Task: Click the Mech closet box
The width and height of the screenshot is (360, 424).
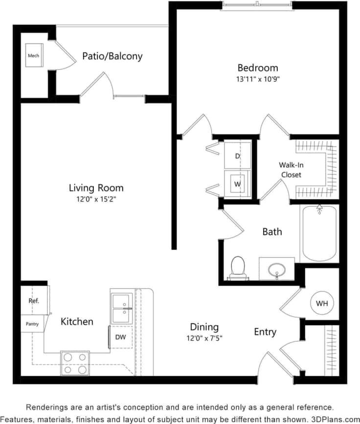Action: pos(33,56)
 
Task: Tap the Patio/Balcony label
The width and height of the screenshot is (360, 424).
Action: pos(112,56)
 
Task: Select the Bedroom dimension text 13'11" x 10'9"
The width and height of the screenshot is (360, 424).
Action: pos(258,79)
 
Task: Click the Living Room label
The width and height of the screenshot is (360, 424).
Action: pos(96,188)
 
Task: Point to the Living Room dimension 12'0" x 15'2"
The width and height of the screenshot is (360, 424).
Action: pos(96,199)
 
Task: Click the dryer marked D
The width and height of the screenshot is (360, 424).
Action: pos(237,156)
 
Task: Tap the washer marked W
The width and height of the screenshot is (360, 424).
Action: pos(237,184)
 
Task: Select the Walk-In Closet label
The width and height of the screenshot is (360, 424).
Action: pos(291,170)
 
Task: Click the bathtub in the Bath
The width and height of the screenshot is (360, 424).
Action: pos(319,234)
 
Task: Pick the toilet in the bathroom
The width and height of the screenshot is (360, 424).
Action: pos(238,267)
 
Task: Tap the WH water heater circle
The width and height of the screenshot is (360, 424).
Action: pos(321,303)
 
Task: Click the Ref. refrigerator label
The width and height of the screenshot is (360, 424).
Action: pos(34,301)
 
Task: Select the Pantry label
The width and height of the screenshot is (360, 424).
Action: pos(32,324)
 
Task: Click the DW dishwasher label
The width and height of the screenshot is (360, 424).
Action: pos(120,336)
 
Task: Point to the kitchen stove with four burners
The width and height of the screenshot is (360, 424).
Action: pos(75,363)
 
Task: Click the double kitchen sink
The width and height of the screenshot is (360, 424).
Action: pos(122,309)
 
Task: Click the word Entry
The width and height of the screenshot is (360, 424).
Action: pos(265,332)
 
